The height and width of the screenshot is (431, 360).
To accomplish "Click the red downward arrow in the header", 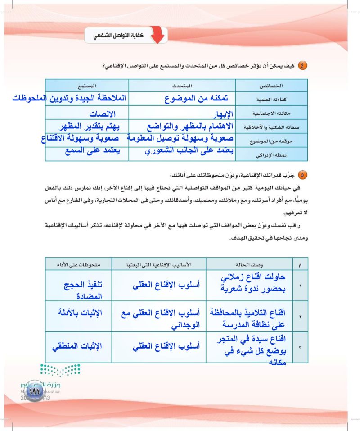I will (157, 36).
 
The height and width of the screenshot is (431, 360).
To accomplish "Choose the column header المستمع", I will (87, 85).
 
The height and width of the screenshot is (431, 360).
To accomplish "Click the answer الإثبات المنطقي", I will (76, 346).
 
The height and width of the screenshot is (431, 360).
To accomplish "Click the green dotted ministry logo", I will (60, 370).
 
